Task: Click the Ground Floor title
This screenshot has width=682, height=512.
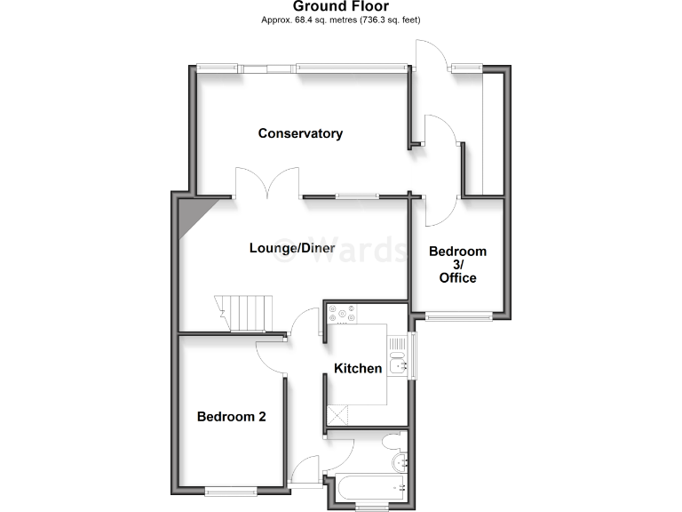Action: (340, 6)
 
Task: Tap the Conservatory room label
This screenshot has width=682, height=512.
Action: (300, 133)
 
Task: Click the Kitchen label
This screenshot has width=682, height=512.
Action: (358, 368)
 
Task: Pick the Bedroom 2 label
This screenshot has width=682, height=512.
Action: (231, 416)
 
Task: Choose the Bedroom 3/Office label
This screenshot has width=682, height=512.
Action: (457, 264)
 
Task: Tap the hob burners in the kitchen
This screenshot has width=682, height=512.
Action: (342, 313)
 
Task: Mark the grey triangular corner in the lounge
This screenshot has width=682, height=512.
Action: (191, 217)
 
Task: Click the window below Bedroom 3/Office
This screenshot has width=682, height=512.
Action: (457, 315)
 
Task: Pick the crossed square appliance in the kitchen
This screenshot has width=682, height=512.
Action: (337, 415)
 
